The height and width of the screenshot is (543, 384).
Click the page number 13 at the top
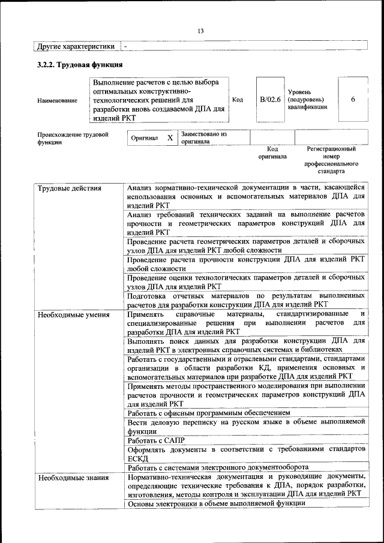(x=200, y=31)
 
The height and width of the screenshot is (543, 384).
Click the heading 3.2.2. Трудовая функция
(x=80, y=64)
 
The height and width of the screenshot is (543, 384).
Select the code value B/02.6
(x=270, y=100)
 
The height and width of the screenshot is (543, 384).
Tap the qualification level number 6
(x=353, y=100)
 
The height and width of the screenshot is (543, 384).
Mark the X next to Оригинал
(x=170, y=138)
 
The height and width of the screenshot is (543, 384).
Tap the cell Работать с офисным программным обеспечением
(x=209, y=413)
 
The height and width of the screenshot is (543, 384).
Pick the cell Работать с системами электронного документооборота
(x=218, y=467)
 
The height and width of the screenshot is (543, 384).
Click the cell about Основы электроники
(x=216, y=503)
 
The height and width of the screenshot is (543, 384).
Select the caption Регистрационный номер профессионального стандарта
(x=331, y=160)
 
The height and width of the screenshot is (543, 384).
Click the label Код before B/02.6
(x=237, y=100)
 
